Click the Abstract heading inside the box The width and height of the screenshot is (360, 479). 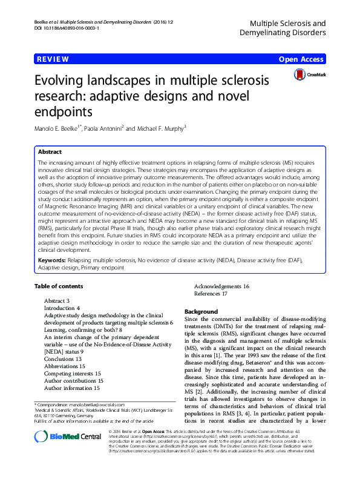click(x=50, y=152)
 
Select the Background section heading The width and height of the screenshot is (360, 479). click(x=201, y=311)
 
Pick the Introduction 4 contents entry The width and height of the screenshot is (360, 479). click(x=62, y=308)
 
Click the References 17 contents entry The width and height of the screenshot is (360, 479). click(x=211, y=294)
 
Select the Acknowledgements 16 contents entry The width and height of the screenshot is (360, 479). click(x=221, y=286)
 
